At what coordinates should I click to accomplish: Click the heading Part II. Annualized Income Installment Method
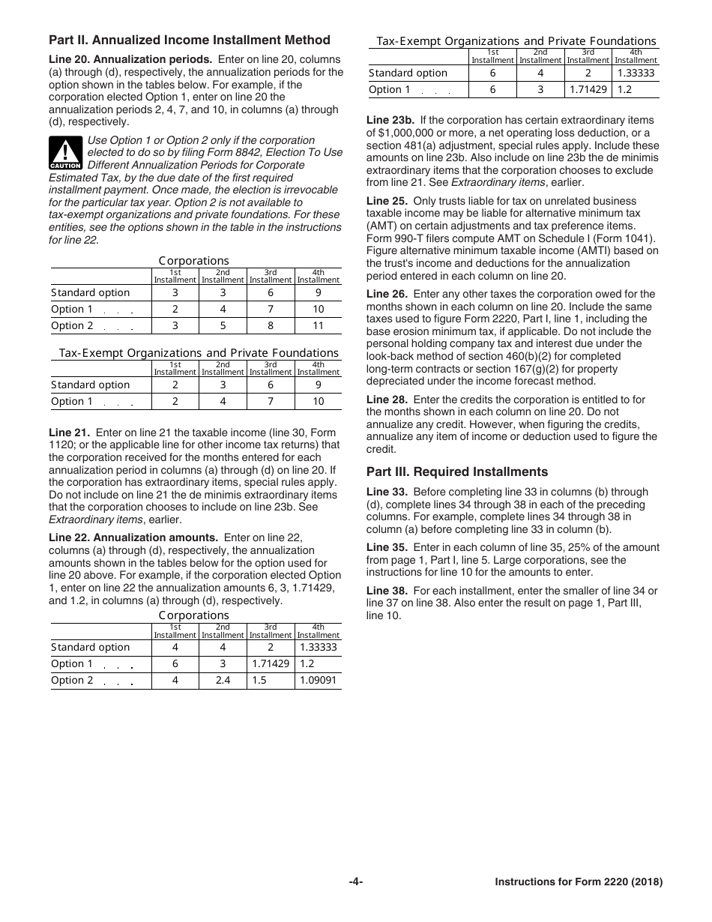189,40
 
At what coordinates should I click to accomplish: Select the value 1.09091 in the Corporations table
319,681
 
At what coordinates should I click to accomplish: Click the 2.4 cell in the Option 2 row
223,681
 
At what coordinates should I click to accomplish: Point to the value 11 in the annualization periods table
319,326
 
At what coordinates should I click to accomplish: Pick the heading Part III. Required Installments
456,472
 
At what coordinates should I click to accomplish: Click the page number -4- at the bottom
356,882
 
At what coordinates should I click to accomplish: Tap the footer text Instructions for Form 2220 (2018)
579,883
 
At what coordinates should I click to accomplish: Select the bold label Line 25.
387,202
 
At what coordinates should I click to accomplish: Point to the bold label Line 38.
387,591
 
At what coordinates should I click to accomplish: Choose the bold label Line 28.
387,400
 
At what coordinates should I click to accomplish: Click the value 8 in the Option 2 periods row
271,326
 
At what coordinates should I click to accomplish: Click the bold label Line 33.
387,492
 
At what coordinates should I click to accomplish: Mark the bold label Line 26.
387,294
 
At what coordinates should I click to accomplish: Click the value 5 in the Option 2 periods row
223,326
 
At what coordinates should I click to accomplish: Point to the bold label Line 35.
387,548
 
